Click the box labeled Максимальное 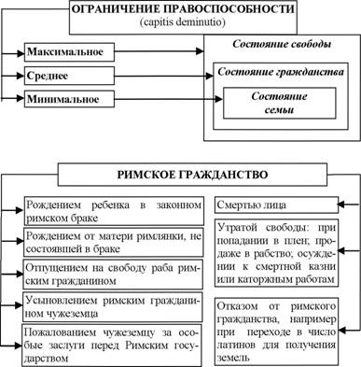69,51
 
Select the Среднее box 69,76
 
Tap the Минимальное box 69,99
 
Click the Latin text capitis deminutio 183,22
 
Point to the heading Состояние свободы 282,44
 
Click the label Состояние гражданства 281,72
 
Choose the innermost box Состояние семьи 279,103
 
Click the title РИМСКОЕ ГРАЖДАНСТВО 192,175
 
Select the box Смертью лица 276,205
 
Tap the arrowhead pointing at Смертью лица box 341,205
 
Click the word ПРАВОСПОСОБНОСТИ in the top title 229,8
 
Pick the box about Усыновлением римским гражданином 113,307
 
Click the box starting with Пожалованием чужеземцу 112,346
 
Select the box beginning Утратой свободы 276,253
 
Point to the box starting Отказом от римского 276,332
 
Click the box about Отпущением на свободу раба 113,275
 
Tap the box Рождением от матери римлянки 114,242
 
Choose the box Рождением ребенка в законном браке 114,211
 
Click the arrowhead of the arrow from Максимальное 200,51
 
